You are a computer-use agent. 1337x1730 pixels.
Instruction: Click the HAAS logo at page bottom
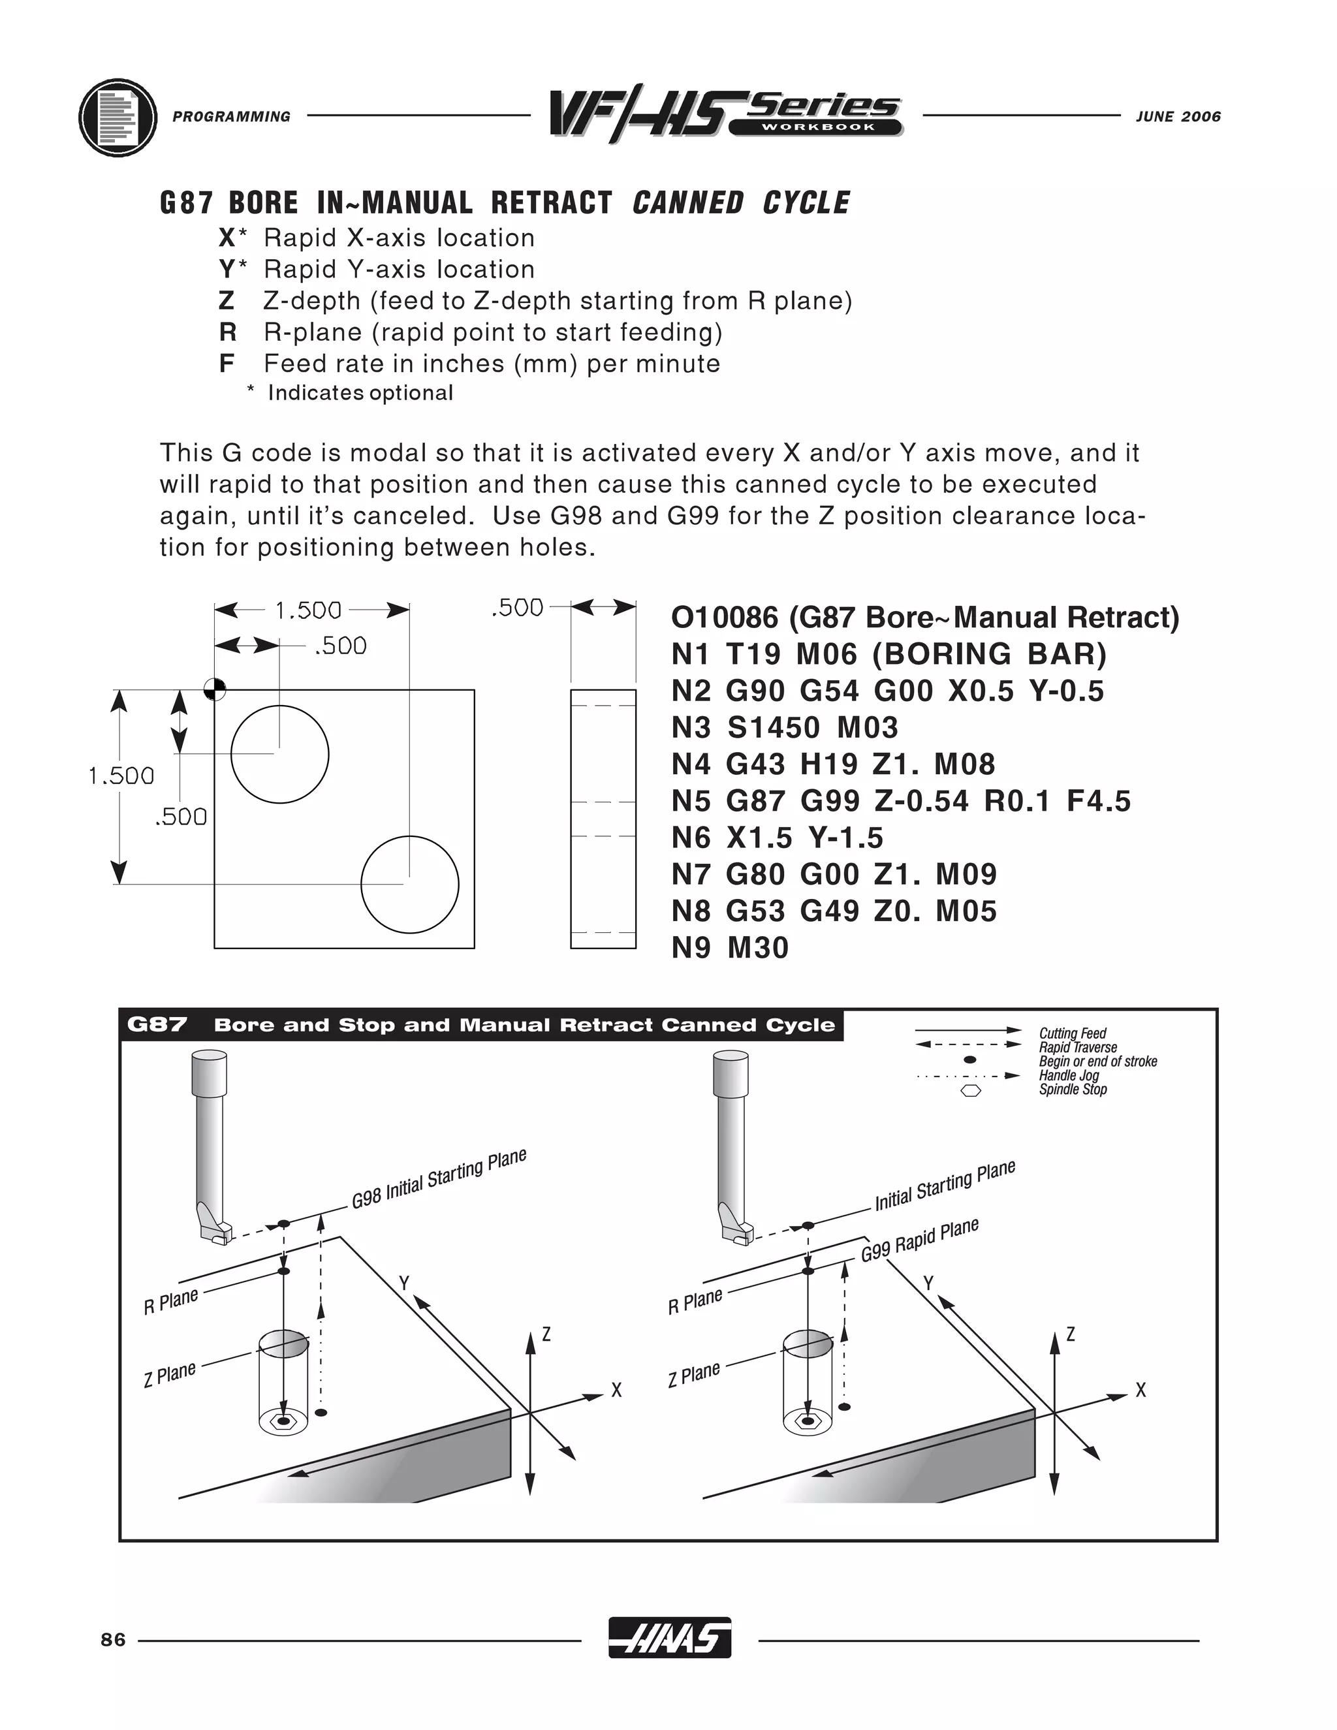(669, 1637)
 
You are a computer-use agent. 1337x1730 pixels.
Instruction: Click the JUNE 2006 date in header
(1178, 116)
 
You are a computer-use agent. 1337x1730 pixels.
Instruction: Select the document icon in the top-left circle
(118, 118)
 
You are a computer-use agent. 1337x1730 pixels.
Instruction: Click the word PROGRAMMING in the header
(231, 116)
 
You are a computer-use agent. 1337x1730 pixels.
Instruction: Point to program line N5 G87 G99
(900, 801)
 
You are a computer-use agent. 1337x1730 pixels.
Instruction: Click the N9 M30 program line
(729, 947)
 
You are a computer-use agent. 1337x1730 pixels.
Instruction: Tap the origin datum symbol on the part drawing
(215, 689)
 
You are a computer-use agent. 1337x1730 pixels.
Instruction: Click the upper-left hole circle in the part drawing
(279, 754)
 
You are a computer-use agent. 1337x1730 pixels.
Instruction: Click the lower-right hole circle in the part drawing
(409, 884)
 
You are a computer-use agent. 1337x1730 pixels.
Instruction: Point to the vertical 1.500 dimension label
(121, 776)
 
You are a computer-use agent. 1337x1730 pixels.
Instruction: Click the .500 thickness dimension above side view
(517, 608)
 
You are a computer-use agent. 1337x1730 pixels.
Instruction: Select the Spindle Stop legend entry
(1073, 1090)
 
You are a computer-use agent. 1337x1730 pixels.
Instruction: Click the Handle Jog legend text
(1069, 1076)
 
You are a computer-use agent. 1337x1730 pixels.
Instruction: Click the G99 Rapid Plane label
(920, 1240)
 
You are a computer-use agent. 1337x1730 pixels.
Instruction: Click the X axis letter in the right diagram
(1140, 1390)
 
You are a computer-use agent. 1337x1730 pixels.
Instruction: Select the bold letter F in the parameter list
(227, 364)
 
